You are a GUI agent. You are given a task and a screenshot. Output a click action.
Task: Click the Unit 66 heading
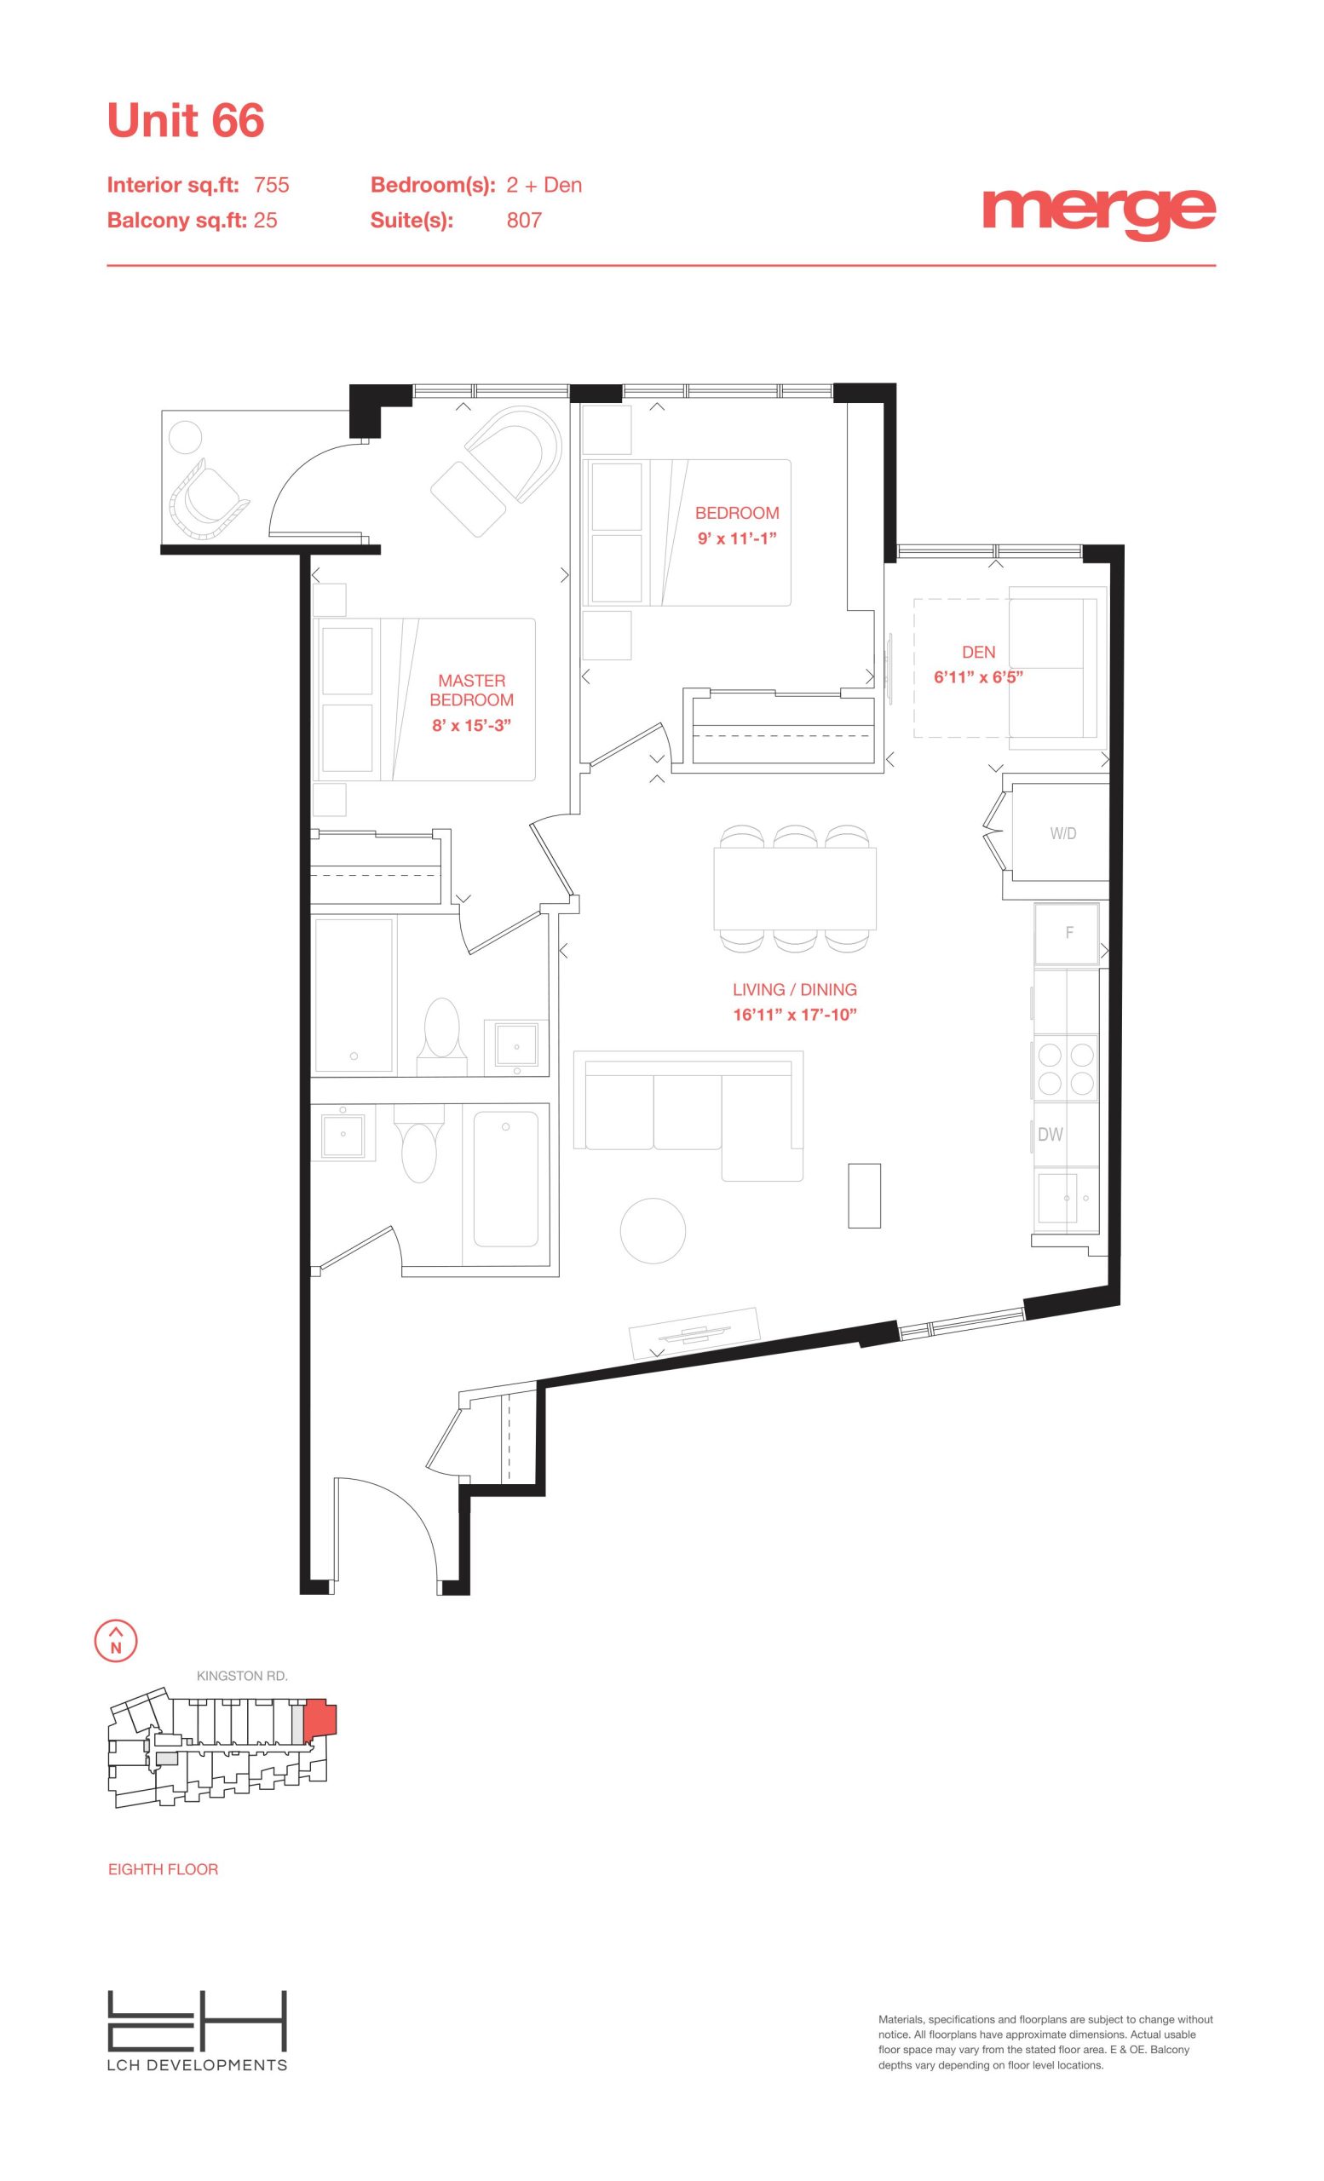click(x=185, y=120)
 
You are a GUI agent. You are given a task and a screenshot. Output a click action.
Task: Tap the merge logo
click(x=1098, y=212)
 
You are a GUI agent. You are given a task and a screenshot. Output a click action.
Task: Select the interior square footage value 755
click(x=272, y=184)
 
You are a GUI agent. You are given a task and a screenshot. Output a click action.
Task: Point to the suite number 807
click(x=524, y=220)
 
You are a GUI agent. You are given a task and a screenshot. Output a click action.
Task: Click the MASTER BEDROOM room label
click(x=472, y=689)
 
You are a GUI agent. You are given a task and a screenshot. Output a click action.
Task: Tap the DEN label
click(x=978, y=652)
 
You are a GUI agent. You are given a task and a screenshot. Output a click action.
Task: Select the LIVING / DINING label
click(x=795, y=990)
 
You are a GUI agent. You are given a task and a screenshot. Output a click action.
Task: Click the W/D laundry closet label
click(x=1063, y=833)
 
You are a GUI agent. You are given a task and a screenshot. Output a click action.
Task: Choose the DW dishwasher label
click(x=1050, y=1134)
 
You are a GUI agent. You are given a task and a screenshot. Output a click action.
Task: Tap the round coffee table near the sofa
click(x=653, y=1231)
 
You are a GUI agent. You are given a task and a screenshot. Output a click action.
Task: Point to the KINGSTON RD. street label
click(x=243, y=1676)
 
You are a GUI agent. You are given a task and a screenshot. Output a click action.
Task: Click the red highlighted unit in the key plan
click(x=319, y=1718)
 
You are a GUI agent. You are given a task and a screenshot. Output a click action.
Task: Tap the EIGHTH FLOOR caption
click(x=163, y=1868)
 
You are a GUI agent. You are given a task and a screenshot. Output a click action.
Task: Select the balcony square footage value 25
click(x=266, y=220)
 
